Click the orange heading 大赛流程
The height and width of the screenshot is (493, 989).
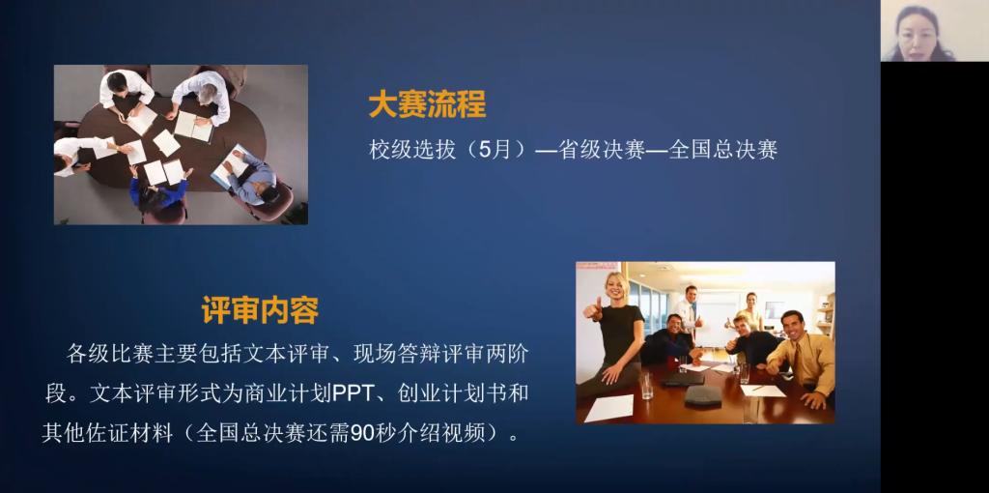click(x=427, y=105)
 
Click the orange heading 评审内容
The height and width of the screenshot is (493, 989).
click(x=260, y=310)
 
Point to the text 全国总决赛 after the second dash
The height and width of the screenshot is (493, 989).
click(x=722, y=151)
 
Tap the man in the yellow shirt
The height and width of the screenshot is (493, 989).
click(x=803, y=356)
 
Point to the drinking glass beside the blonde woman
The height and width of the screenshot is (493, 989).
click(x=647, y=385)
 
